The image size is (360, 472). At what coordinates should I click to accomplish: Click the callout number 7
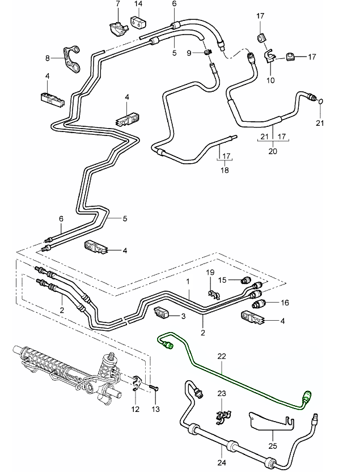tap(118, 4)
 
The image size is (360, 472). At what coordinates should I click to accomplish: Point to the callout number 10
tap(270, 80)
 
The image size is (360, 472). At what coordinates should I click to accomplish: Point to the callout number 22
tap(221, 356)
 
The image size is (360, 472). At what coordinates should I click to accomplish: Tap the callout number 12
tap(134, 409)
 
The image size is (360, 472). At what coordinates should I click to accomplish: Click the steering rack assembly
tap(68, 371)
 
